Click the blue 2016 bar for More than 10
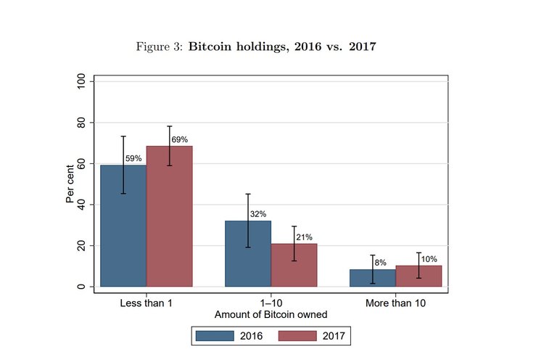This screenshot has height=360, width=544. pos(372,278)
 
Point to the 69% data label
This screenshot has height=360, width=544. pos(180,139)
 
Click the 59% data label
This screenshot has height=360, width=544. pos(133,158)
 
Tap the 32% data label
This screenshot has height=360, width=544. pos(258,214)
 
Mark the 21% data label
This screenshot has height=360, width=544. pos(304,237)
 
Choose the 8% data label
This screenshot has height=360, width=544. pos(381,263)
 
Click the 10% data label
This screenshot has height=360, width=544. pos(429,259)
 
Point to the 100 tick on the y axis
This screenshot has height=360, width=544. pos(81,82)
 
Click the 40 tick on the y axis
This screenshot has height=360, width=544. pos(81,205)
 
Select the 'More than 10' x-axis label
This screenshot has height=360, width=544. pos(395,303)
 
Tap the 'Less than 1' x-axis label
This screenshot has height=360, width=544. pos(147,303)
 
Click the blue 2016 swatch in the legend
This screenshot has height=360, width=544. pos(215,336)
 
